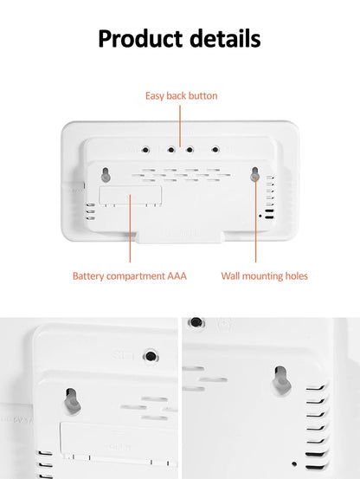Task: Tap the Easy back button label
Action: click(181, 95)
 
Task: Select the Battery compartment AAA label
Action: click(129, 276)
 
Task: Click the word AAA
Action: click(177, 276)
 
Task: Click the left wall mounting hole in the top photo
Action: click(106, 174)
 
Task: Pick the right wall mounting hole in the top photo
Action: click(255, 174)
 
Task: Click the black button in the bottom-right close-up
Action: click(196, 322)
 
